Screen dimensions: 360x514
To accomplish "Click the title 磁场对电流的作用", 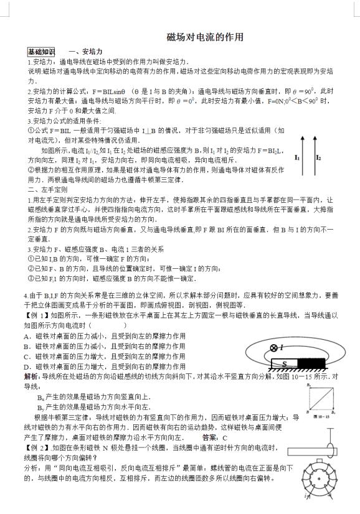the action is [x=205, y=38].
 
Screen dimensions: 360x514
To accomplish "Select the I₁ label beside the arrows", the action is [x=298, y=158].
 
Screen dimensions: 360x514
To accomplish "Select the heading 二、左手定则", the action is [x=47, y=189].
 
